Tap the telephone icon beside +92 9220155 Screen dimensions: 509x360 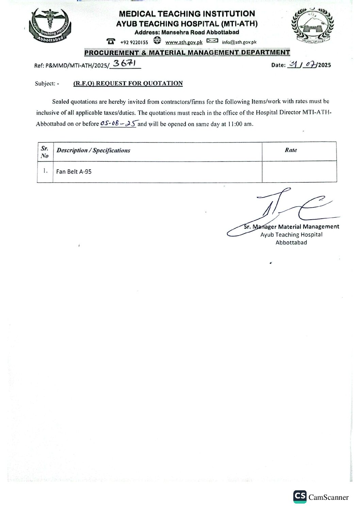point(111,41)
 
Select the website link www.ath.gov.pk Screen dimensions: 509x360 point(184,42)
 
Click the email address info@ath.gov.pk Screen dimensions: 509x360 point(239,42)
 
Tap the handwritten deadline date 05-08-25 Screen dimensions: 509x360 point(118,124)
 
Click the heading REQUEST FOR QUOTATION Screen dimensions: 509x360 point(128,83)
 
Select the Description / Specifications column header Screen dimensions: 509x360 point(93,150)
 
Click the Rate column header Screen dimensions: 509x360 point(291,150)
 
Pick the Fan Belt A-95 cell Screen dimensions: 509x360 point(74,172)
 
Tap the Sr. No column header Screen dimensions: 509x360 point(45,152)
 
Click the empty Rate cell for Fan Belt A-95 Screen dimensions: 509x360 point(299,172)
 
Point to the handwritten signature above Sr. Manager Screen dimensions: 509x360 point(282,211)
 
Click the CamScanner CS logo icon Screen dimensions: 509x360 point(299,497)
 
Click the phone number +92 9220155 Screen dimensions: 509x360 point(134,43)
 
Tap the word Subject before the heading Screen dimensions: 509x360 point(45,83)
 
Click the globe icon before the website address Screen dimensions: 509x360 point(157,41)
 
